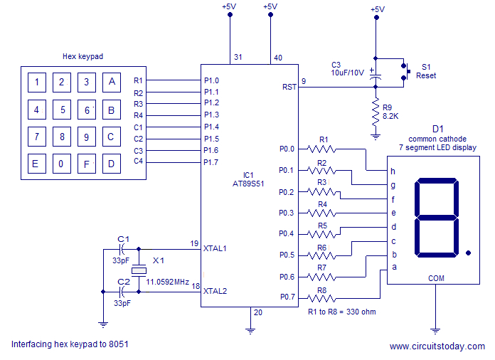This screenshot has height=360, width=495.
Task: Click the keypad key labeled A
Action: pyautogui.click(x=111, y=83)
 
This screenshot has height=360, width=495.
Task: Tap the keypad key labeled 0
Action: pyautogui.click(x=62, y=164)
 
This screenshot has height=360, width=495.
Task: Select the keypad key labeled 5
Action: pyautogui.click(x=62, y=110)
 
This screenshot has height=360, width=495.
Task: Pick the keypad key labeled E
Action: pyautogui.click(x=35, y=164)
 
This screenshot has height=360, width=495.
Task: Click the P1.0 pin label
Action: pyautogui.click(x=211, y=80)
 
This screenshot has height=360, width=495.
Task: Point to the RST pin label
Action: pyautogui.click(x=289, y=87)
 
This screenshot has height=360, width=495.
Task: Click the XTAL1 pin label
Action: pyautogui.click(x=215, y=248)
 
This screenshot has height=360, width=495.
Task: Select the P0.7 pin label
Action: pyautogui.click(x=286, y=297)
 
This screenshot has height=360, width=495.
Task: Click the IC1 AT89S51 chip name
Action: pyautogui.click(x=248, y=179)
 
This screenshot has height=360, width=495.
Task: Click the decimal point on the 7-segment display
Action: pyautogui.click(x=467, y=252)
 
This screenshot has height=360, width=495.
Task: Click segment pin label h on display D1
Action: pyautogui.click(x=393, y=171)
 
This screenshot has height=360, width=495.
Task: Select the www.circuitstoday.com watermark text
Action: pyautogui.click(x=437, y=346)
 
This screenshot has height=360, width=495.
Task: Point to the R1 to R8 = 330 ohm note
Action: pyautogui.click(x=341, y=311)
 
